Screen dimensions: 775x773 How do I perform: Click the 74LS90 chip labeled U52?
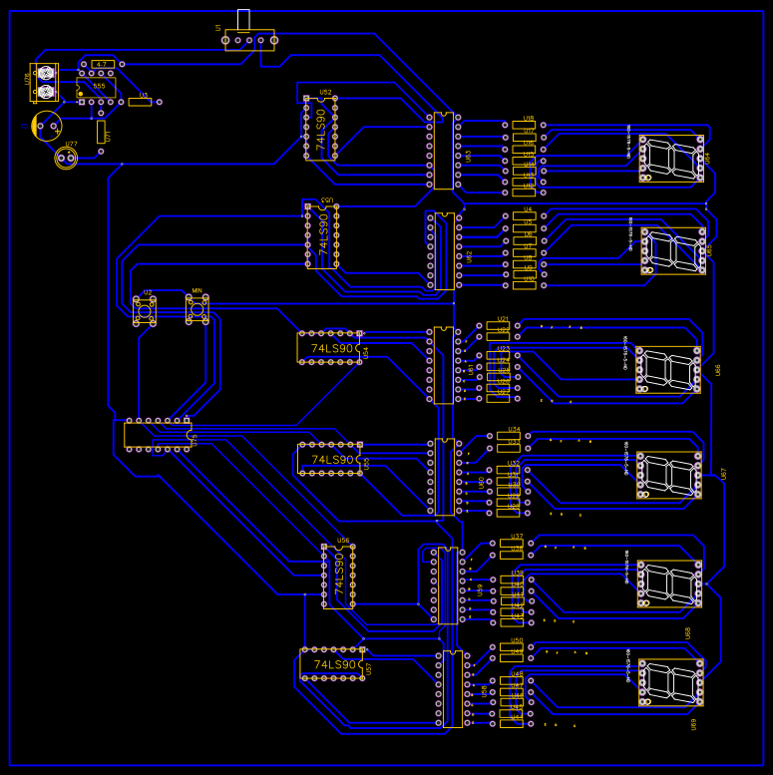[321, 128]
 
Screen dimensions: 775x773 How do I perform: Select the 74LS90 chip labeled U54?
[329, 348]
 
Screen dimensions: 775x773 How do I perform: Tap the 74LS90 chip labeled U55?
[329, 459]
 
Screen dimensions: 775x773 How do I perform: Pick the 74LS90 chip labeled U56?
[339, 576]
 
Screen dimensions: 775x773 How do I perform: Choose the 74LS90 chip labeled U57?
[332, 664]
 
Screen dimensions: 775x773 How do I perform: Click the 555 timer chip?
[97, 87]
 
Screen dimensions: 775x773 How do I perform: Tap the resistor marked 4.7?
[101, 64]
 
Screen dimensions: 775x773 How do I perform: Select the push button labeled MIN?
[197, 310]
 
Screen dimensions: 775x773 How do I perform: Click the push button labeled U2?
[145, 311]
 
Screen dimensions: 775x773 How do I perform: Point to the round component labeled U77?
[67, 158]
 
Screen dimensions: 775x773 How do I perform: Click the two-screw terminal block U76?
[45, 82]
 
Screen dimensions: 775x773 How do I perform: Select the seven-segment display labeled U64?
[671, 159]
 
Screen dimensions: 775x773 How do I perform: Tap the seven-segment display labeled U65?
[672, 251]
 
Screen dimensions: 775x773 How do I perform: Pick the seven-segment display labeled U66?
[668, 369]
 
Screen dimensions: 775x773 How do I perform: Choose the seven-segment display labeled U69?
[670, 682]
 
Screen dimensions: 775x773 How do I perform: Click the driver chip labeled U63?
[443, 151]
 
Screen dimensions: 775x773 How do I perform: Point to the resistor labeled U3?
[141, 102]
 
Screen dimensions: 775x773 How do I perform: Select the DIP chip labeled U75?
[158, 435]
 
